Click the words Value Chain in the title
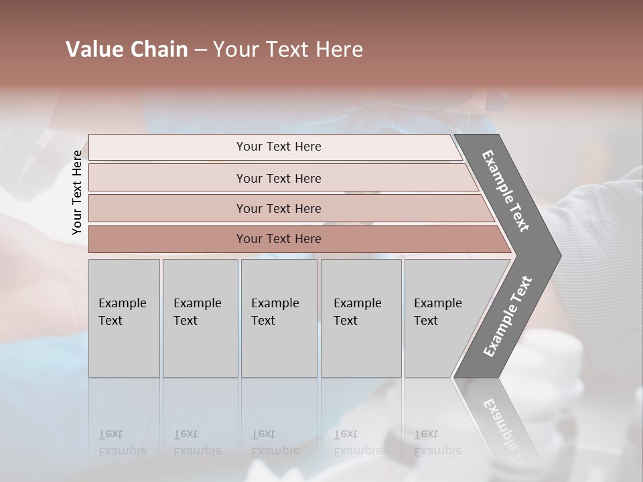(127, 50)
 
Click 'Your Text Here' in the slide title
(288, 50)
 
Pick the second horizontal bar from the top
(279, 178)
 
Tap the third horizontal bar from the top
(279, 208)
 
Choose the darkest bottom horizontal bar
(279, 239)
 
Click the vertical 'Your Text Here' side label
(77, 193)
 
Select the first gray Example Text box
(124, 318)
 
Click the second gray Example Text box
(200, 318)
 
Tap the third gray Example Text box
(278, 318)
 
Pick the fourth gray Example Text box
(360, 318)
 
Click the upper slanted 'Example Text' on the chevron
(506, 191)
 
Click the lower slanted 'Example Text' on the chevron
(508, 317)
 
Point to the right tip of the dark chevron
(559, 256)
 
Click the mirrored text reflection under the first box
(122, 443)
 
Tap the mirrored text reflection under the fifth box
(437, 443)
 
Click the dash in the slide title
(200, 50)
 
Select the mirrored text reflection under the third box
(275, 443)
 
